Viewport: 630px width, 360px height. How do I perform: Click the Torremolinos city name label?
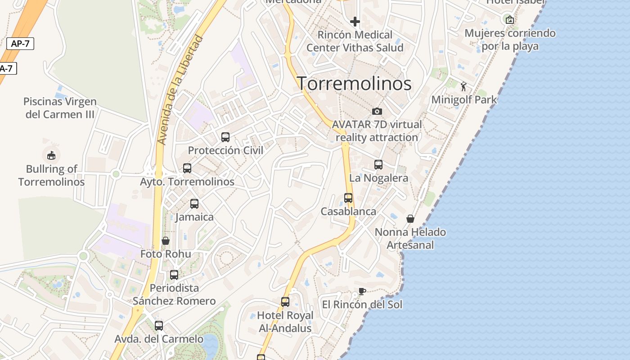coord(354,84)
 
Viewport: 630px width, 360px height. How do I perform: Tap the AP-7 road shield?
coord(20,44)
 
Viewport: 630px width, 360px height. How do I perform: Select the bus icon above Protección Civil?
coord(225,137)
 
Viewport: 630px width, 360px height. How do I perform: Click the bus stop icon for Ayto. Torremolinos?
coord(187,168)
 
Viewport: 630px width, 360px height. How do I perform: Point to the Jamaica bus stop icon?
coord(194,204)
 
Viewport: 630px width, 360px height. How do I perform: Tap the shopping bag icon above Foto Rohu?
coord(166,241)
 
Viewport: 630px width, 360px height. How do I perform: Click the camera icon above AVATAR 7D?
coord(377,111)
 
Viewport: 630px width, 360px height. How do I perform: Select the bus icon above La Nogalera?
coord(378,165)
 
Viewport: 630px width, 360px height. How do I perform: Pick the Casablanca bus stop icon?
coord(348,198)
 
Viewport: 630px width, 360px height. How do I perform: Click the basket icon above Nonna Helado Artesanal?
coord(410,219)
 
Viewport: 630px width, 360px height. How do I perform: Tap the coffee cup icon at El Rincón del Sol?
coord(362,291)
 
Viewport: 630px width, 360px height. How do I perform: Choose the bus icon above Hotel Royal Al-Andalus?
coord(285,302)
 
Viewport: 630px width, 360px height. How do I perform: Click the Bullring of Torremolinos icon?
coord(51,155)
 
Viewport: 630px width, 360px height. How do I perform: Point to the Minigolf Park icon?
coord(463,86)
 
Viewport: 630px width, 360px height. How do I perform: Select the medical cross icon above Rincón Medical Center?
coord(355,21)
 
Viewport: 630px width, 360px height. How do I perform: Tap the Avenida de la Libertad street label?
coord(180,90)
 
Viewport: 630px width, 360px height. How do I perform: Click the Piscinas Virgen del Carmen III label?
coord(60,108)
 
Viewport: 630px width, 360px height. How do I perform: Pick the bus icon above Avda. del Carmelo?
coord(159,326)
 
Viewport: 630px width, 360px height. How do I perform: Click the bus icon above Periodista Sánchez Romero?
coord(174,274)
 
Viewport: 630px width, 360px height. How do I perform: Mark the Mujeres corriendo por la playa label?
coord(510,40)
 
